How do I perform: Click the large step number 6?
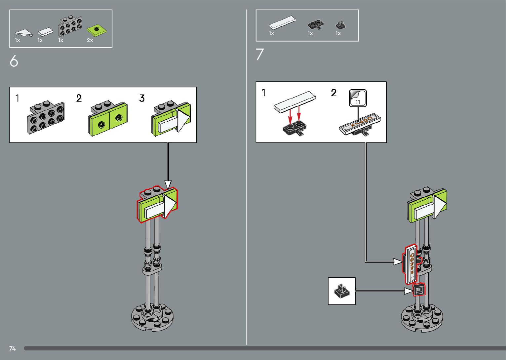click(14, 61)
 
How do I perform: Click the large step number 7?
click(260, 55)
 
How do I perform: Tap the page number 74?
click(13, 348)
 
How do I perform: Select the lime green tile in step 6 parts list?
click(97, 30)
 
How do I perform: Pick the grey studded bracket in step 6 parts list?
click(70, 26)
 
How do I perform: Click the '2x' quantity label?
click(90, 40)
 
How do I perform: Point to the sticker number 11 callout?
click(358, 98)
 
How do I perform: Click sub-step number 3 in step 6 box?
click(142, 98)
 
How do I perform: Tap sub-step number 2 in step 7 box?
click(334, 93)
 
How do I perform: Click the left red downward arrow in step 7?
click(290, 114)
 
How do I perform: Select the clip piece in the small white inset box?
click(341, 291)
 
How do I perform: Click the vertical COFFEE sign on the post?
click(411, 264)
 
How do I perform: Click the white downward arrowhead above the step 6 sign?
click(168, 184)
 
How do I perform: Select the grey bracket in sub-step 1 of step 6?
click(46, 117)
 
